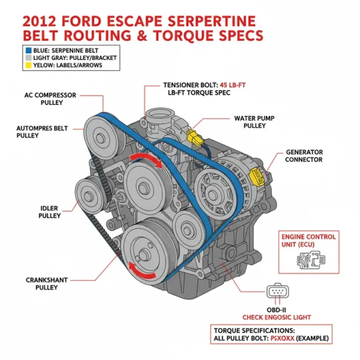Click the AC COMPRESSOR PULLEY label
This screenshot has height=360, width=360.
(x=50, y=99)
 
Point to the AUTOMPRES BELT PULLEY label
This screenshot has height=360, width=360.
(x=42, y=132)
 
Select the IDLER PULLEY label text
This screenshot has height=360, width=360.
(x=49, y=212)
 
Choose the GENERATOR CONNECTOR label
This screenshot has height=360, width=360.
(x=304, y=156)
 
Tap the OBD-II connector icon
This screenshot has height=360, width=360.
(x=276, y=292)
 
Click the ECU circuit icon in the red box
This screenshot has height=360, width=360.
(x=307, y=258)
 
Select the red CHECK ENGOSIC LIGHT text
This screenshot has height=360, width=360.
(x=276, y=317)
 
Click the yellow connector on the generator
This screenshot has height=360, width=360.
(x=258, y=176)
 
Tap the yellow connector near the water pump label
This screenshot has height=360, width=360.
(x=192, y=136)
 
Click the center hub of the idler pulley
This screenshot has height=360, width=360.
(x=89, y=192)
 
